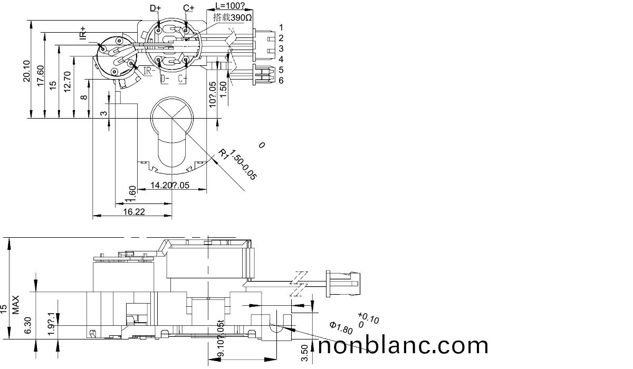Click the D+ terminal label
point(155,8)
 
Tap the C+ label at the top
point(188,8)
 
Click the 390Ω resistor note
point(233,17)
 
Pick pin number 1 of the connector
point(281,27)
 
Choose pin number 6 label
point(281,80)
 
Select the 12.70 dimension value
point(67,82)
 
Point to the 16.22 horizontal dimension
point(135,211)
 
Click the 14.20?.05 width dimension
point(170,185)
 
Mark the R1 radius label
point(225,154)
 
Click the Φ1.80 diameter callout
point(341,327)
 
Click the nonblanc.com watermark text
point(404,345)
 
